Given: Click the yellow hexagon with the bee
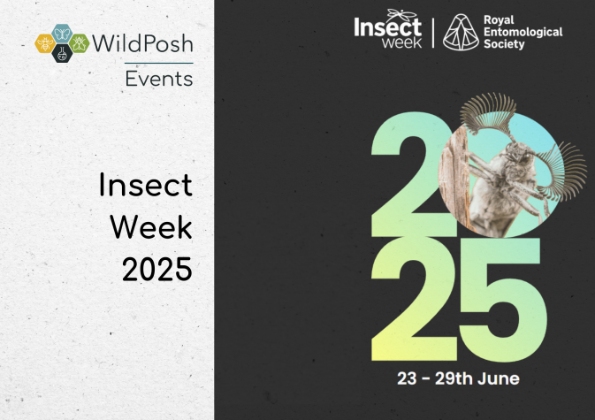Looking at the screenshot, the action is (45, 43).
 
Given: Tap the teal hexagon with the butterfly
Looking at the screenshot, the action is (62, 34).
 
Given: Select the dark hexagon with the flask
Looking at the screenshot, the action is (62, 54).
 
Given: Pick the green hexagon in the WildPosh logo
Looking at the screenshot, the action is (79, 43).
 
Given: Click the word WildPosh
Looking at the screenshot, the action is (142, 43).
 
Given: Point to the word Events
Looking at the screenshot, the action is (159, 79).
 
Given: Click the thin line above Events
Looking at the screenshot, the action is (158, 63).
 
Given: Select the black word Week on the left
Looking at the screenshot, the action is (151, 227).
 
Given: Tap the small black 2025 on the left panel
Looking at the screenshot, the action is (157, 269).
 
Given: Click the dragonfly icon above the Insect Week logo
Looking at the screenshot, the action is (402, 14).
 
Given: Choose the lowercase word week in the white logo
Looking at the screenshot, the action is (402, 42).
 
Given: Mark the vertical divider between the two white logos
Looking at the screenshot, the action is (433, 33).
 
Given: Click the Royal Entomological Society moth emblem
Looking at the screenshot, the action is (461, 32).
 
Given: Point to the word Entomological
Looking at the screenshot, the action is (523, 32).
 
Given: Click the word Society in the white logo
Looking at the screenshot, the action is (504, 44).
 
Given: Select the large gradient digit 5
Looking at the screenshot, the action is (502, 300).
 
